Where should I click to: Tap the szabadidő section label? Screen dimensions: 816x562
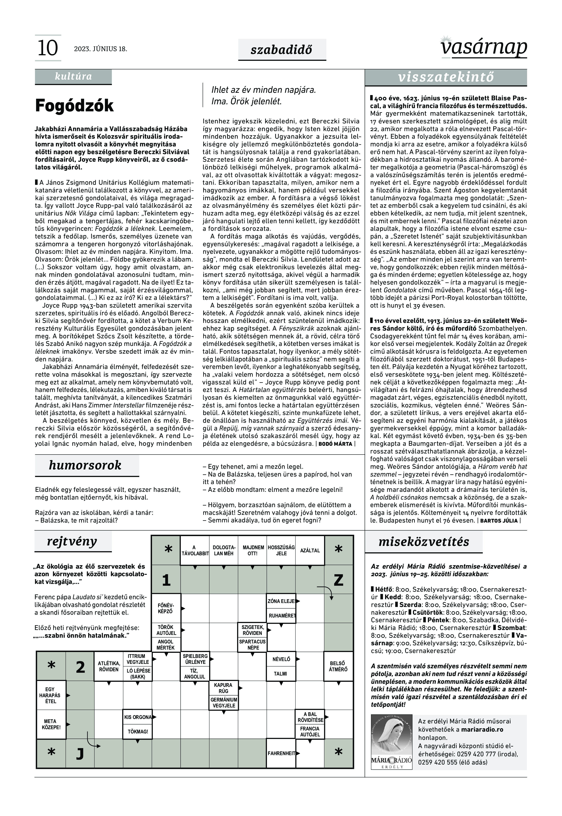pos(281,50)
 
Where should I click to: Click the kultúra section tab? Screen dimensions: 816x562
pos(73,76)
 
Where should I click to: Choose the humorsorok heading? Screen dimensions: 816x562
pos(85,465)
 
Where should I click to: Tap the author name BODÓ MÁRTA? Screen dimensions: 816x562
pos(335,444)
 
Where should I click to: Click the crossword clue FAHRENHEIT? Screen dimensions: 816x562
pos(281,753)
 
